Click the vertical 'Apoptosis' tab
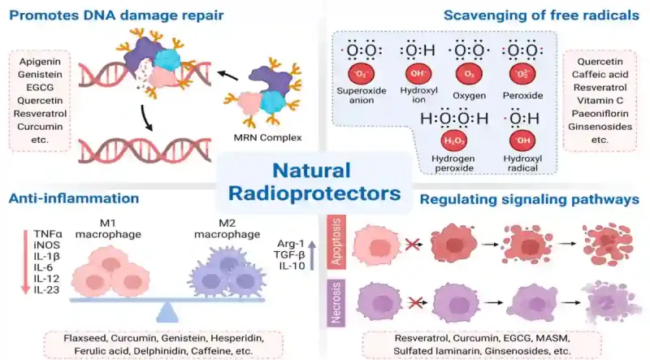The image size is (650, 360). (x=336, y=242)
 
